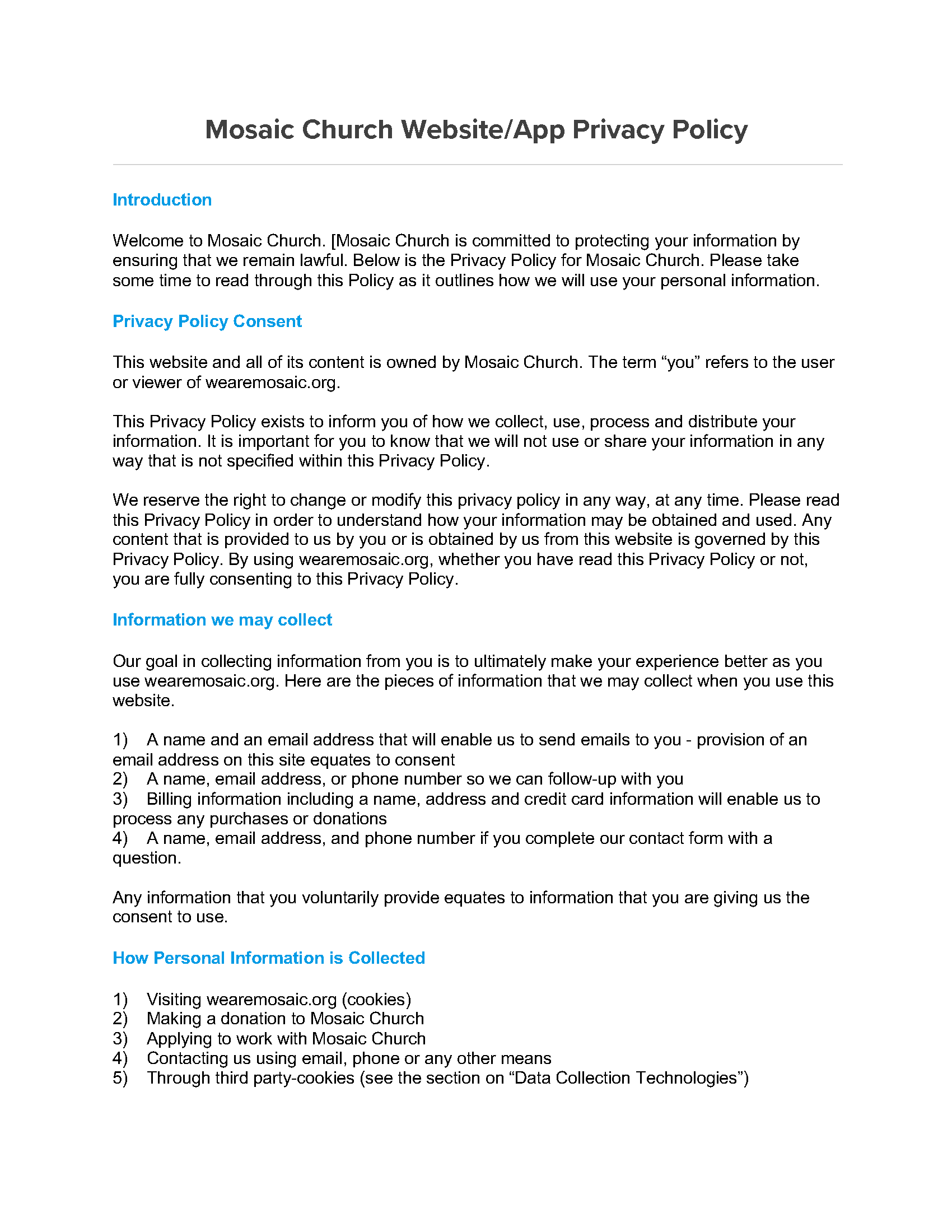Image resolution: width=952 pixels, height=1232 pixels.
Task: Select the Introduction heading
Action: [x=162, y=200]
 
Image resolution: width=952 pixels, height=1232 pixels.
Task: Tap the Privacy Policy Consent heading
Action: [x=207, y=321]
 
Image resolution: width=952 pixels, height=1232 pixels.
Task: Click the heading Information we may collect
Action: [x=222, y=619]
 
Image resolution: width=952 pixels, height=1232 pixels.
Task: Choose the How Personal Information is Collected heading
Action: [x=268, y=958]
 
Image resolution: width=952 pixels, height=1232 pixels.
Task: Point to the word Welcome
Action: [x=148, y=241]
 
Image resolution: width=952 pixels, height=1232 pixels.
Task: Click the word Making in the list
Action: [x=173, y=1019]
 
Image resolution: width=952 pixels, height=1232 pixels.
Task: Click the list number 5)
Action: [x=120, y=1078]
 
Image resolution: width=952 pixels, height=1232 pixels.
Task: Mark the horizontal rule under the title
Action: [x=477, y=165]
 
